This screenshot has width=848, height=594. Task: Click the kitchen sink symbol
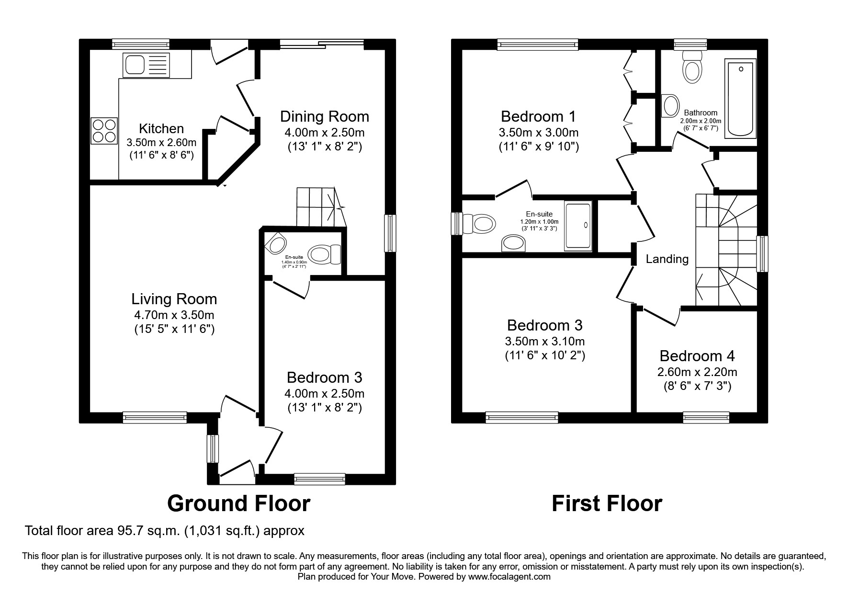click(x=146, y=64)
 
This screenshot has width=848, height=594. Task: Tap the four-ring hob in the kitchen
click(x=104, y=130)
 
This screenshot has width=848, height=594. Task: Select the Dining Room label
click(x=324, y=116)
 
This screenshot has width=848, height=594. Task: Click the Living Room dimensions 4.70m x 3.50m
click(x=174, y=315)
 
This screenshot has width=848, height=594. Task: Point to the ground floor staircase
click(x=319, y=206)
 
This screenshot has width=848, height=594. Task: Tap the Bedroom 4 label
click(x=697, y=356)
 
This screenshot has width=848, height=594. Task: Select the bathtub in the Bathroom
click(x=741, y=99)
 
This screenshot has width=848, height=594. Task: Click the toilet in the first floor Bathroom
click(x=692, y=67)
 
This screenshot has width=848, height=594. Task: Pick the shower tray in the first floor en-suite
click(x=578, y=225)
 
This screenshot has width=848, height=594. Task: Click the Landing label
click(x=667, y=259)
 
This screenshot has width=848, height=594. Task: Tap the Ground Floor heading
click(x=238, y=503)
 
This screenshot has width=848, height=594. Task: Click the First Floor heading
click(x=607, y=503)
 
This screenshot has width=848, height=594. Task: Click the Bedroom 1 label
click(x=538, y=116)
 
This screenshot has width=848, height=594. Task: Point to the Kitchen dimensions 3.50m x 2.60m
click(x=161, y=142)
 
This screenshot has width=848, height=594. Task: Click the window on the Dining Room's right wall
click(x=391, y=233)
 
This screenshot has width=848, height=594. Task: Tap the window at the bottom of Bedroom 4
click(x=706, y=417)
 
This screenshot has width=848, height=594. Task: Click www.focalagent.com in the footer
click(x=509, y=577)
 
